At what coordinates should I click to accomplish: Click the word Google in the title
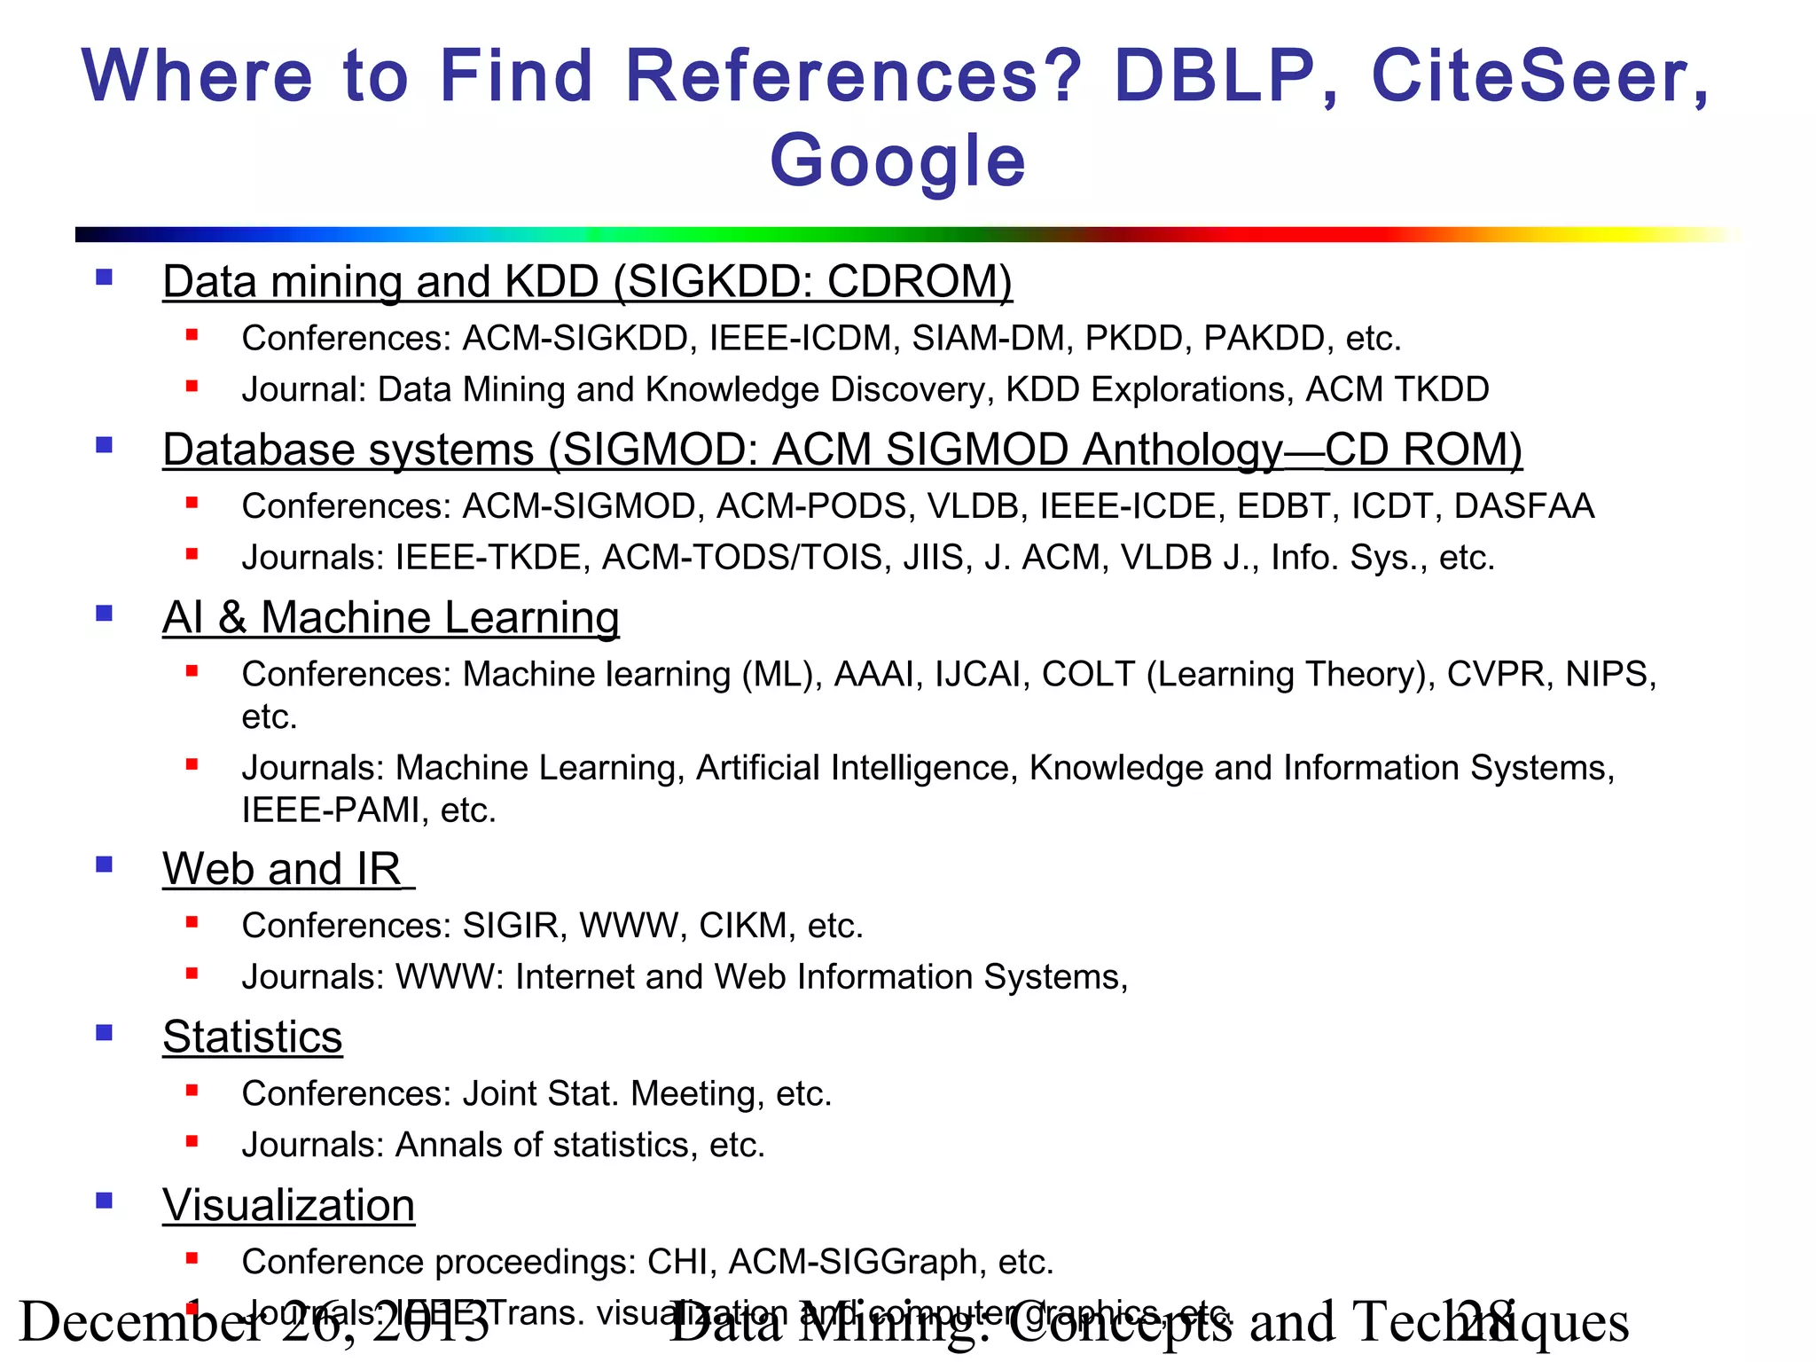[897, 161]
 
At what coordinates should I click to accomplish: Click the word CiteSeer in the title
[1539, 76]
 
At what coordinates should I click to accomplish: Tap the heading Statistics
[252, 1037]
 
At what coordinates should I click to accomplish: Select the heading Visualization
[288, 1205]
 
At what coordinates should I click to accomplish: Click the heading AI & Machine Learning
[390, 617]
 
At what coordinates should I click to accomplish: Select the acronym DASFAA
[1523, 506]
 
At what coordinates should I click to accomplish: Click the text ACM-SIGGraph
[852, 1262]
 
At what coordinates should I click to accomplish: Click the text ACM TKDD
[1397, 390]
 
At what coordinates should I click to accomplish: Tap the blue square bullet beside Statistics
[105, 1032]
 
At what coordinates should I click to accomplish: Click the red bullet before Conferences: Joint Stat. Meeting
[192, 1091]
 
